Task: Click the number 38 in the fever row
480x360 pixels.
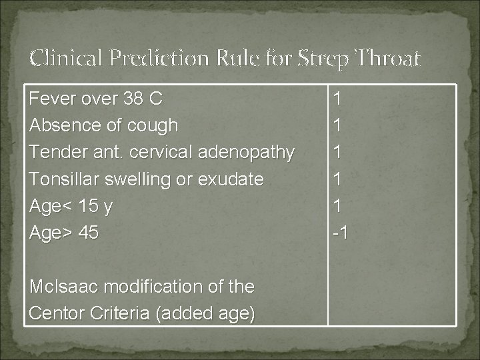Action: pyautogui.click(x=134, y=99)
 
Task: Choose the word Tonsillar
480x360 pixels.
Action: pyautogui.click(x=69, y=179)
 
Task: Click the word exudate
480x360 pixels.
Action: pyautogui.click(x=235, y=179)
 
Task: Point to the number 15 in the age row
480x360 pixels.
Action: pyautogui.click(x=88, y=206)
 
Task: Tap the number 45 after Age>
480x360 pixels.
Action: pyautogui.click(x=88, y=233)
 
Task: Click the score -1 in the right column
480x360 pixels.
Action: pyautogui.click(x=340, y=233)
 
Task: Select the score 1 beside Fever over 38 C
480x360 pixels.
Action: pyautogui.click(x=338, y=99)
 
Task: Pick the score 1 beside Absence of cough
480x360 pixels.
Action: pyautogui.click(x=338, y=125)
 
